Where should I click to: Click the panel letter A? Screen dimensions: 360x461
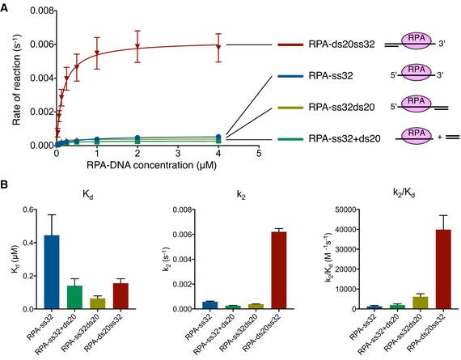point(6,6)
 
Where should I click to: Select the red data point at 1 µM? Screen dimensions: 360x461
point(97,53)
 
